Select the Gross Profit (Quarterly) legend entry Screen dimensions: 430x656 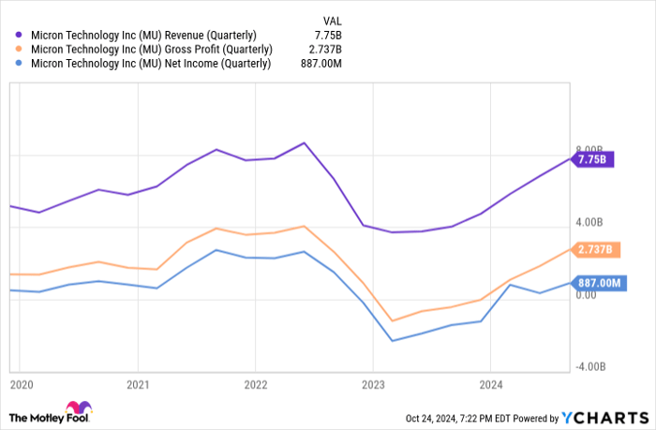click(x=151, y=50)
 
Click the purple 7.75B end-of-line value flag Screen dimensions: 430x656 click(x=592, y=159)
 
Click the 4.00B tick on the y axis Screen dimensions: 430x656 click(x=589, y=222)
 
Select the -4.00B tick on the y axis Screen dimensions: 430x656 click(x=588, y=367)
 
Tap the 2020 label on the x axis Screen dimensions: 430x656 click(x=22, y=384)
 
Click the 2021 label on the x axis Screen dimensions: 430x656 click(x=138, y=384)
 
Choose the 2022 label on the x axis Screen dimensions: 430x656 click(x=255, y=384)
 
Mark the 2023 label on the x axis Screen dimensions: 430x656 click(x=373, y=384)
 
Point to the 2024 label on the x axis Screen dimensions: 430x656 click(x=490, y=384)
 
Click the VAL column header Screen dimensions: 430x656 click(x=333, y=19)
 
